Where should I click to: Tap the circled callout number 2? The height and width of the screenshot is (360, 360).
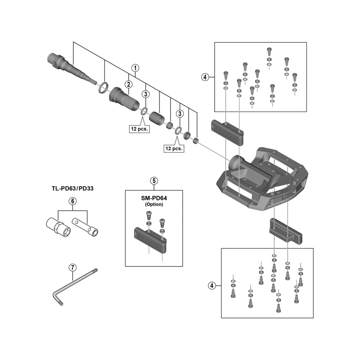[x=128, y=84]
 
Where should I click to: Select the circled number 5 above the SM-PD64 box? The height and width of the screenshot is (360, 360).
[x=154, y=181]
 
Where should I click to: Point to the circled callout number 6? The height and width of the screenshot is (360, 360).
[x=72, y=201]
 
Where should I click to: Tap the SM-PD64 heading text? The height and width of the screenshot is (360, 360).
[x=154, y=198]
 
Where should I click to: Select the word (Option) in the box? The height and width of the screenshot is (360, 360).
[x=154, y=204]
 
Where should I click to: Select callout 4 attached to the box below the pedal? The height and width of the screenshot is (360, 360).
[x=212, y=285]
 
